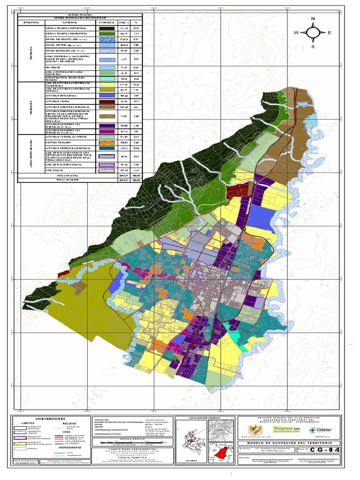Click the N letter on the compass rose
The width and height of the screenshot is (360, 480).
coord(313,18)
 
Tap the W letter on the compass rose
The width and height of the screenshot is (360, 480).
coord(296,33)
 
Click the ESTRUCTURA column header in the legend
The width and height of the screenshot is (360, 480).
coord(30,22)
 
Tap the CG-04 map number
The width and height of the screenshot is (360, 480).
coord(322,450)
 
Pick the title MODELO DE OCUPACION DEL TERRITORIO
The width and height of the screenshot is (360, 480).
coord(289,442)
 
